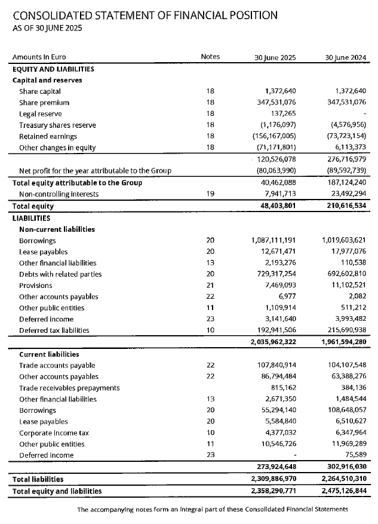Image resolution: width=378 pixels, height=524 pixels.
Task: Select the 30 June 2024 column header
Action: pyautogui.click(x=345, y=57)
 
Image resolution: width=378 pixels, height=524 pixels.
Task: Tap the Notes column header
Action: pyautogui.click(x=210, y=57)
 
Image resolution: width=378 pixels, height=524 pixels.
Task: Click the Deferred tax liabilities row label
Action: pyautogui.click(x=54, y=330)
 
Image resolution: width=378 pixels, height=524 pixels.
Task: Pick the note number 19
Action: pyautogui.click(x=210, y=194)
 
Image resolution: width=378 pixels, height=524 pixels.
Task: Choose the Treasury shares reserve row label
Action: pyautogui.click(x=57, y=125)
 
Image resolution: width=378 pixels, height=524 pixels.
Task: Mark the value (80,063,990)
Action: pyautogui.click(x=275, y=171)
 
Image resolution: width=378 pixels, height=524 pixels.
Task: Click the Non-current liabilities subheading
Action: pyautogui.click(x=57, y=229)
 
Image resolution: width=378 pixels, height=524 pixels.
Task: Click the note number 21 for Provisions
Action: pyautogui.click(x=210, y=286)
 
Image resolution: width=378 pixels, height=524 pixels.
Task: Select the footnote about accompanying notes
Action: pyautogui.click(x=212, y=510)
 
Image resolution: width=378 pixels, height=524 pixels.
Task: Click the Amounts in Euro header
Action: pyautogui.click(x=40, y=57)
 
